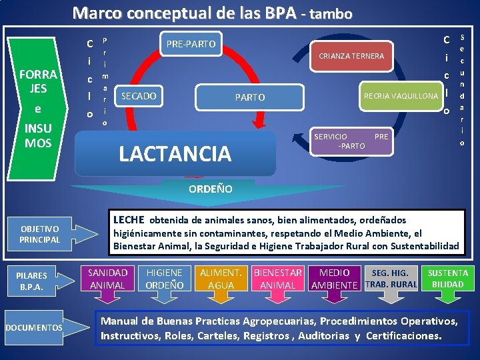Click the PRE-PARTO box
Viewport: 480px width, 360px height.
(x=191, y=44)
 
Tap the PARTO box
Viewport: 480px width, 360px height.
(x=250, y=97)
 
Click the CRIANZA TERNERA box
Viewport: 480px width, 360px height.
(x=352, y=56)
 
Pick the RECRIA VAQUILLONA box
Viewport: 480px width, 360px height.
(x=401, y=96)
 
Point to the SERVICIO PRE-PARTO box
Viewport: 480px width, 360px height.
(x=351, y=141)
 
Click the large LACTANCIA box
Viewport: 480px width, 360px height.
(x=175, y=154)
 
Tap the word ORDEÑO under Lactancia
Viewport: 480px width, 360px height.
(x=211, y=189)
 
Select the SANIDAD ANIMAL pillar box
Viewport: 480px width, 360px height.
(x=107, y=279)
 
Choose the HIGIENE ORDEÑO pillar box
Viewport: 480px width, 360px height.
(x=164, y=279)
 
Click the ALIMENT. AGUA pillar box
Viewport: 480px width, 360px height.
(x=221, y=279)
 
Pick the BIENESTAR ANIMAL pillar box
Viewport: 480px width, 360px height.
(x=277, y=279)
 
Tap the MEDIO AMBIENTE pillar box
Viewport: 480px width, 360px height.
(x=335, y=279)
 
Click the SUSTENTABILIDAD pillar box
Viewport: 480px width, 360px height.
(x=448, y=279)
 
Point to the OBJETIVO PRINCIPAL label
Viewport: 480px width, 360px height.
(x=39, y=234)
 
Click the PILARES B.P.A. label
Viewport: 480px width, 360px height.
(x=32, y=281)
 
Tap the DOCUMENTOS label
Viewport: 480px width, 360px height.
(x=34, y=327)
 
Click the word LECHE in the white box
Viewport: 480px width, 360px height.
(x=129, y=219)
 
